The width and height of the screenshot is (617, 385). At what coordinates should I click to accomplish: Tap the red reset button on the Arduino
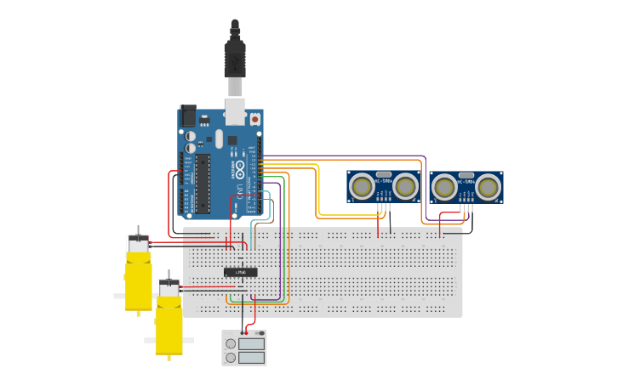pyautogui.click(x=254, y=120)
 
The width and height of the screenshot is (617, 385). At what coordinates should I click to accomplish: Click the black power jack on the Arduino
pyautogui.click(x=188, y=116)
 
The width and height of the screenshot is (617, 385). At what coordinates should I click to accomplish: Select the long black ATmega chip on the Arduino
pyautogui.click(x=203, y=183)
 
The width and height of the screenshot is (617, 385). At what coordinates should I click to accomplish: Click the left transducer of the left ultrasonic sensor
pyautogui.click(x=362, y=185)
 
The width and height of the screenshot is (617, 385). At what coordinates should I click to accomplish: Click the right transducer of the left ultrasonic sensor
pyautogui.click(x=405, y=185)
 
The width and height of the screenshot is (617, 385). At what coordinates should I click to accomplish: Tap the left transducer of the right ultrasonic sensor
pyautogui.click(x=444, y=187)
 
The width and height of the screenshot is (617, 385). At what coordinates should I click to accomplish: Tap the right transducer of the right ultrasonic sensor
pyautogui.click(x=488, y=187)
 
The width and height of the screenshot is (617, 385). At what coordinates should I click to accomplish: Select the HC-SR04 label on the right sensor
pyautogui.click(x=466, y=180)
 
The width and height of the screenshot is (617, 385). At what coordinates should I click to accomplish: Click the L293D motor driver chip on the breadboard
pyautogui.click(x=241, y=272)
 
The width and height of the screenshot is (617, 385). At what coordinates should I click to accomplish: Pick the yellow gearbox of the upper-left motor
pyautogui.click(x=138, y=280)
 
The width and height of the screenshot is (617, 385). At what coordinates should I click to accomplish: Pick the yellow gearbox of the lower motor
pyautogui.click(x=169, y=325)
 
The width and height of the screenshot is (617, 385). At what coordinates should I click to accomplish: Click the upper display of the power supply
pyautogui.click(x=252, y=344)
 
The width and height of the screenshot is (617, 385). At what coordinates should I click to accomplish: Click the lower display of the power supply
pyautogui.click(x=252, y=358)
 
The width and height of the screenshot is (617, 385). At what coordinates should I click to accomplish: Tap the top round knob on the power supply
pyautogui.click(x=231, y=344)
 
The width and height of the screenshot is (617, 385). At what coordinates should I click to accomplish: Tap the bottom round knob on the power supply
pyautogui.click(x=231, y=358)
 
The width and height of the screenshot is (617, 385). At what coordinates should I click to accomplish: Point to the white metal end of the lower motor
pyautogui.click(x=169, y=290)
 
